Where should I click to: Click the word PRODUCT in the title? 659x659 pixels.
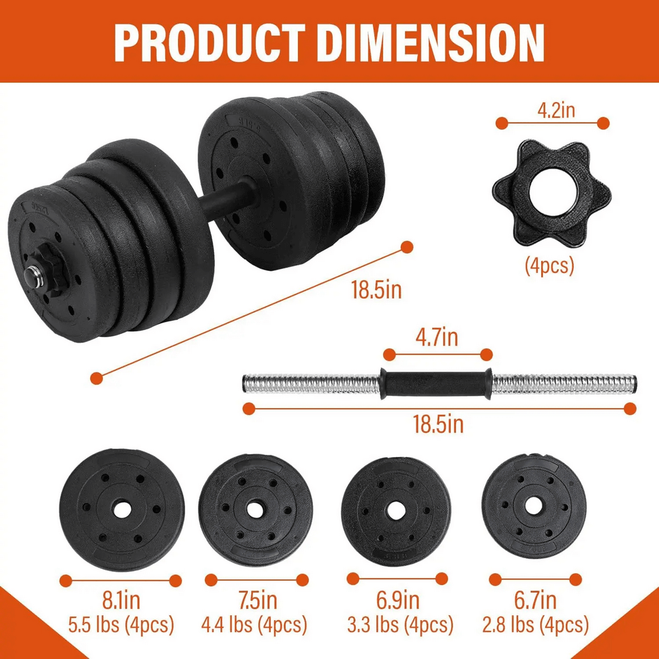coord(210,43)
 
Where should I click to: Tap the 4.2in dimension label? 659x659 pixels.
coord(556,109)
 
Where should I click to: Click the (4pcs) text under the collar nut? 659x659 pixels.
coord(550,266)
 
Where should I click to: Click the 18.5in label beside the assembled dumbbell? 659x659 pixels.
coord(376,290)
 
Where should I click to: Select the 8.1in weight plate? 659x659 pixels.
coord(122,509)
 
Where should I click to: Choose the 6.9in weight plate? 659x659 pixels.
coord(395,509)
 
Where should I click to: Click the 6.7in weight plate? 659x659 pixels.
coord(534,506)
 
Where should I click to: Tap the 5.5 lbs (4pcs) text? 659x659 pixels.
coord(121,623)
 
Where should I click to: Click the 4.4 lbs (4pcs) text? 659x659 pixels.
coord(255,623)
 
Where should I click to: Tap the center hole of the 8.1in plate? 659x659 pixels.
coord(122,509)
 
